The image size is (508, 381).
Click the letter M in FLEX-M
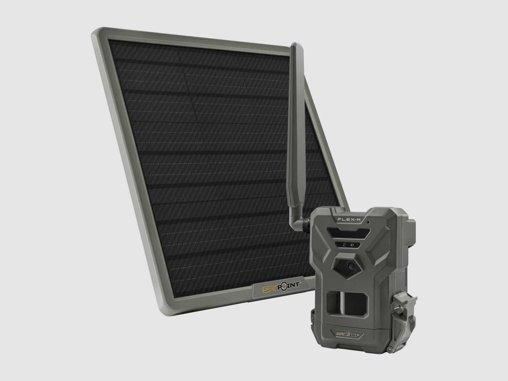[x=360, y=219]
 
